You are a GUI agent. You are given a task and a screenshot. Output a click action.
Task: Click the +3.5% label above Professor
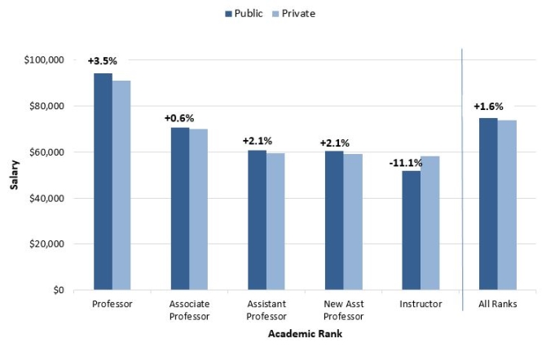pyautogui.click(x=103, y=61)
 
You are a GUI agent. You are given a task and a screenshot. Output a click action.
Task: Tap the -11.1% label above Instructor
pyautogui.click(x=405, y=163)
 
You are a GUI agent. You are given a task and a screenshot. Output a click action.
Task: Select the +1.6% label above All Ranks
pyautogui.click(x=488, y=106)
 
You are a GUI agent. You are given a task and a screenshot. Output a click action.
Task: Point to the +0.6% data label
pyautogui.click(x=179, y=118)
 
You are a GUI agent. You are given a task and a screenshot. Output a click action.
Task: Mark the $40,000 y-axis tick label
pyautogui.click(x=46, y=198)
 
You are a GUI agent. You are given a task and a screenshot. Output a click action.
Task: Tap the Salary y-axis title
pyautogui.click(x=15, y=175)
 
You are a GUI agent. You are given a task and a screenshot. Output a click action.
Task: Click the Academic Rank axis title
pyautogui.click(x=305, y=336)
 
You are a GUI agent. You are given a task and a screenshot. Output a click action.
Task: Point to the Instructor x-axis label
pyautogui.click(x=421, y=304)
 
